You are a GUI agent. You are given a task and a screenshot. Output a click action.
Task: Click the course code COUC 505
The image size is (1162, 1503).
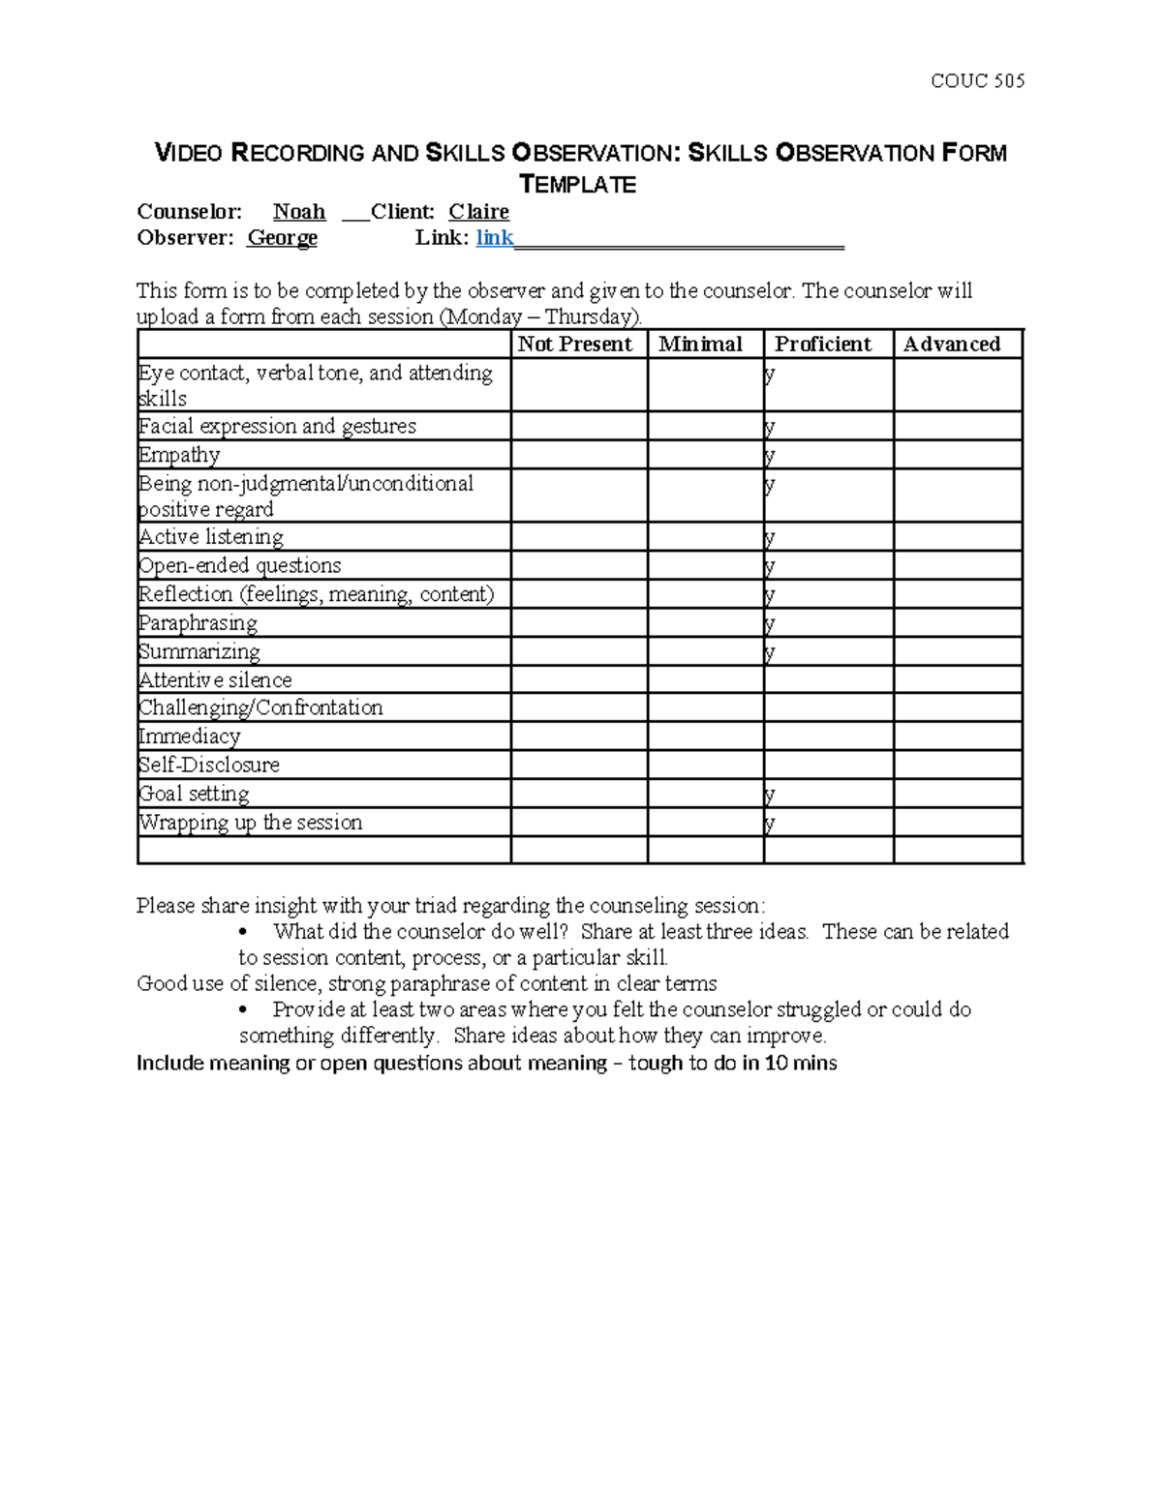pos(977,81)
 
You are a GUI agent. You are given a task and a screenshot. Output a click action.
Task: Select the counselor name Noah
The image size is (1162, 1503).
pos(299,212)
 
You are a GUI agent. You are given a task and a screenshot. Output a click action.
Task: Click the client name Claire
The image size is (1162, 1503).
pos(478,212)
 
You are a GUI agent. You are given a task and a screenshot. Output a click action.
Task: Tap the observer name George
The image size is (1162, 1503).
pos(282,238)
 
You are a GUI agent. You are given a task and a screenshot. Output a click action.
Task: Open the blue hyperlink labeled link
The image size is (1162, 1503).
pos(494,238)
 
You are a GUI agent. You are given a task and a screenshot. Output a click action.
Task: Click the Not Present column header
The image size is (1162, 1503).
pos(574,345)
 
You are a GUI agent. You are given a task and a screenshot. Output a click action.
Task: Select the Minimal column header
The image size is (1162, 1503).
pos(700,345)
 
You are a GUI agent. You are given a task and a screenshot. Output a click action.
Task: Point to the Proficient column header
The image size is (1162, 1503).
pos(823,345)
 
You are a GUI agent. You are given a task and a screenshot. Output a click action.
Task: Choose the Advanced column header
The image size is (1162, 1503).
pos(952,345)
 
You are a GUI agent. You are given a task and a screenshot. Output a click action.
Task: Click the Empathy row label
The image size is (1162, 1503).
pos(179,455)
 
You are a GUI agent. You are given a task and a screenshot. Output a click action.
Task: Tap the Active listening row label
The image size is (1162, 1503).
pos(211,537)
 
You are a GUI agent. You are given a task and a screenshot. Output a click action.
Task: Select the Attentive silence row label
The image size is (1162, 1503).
pos(215,680)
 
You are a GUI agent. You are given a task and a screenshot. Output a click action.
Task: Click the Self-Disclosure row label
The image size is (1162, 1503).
pos(209,765)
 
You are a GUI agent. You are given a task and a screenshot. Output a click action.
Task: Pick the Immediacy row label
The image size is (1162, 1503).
pos(190,736)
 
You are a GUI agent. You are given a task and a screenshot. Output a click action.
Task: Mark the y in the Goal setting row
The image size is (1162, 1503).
pos(770,795)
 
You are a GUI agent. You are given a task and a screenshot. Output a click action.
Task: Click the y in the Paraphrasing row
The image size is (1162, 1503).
pos(770,624)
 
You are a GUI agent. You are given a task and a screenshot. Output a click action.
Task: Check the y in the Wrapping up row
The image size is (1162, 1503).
pos(770,824)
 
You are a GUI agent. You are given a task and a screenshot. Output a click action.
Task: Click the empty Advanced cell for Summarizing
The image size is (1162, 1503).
pos(958,651)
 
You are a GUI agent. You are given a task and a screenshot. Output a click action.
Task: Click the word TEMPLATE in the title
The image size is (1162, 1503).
pos(578,185)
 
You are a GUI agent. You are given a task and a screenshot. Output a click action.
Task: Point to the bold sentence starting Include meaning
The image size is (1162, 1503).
pos(486,1064)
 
